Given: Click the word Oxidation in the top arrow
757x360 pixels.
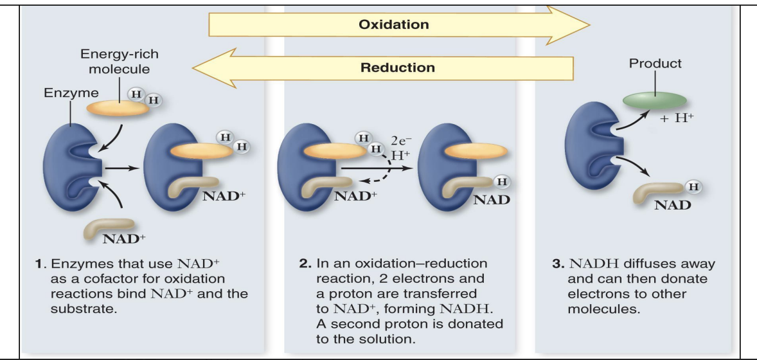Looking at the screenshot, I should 394,25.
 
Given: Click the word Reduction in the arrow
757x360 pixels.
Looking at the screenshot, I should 397,67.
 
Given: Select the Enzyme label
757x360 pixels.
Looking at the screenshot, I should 62,93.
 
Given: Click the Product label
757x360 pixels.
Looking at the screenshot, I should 655,63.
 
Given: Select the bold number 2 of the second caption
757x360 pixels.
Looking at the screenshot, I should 304,264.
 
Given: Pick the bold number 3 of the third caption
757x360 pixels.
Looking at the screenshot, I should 557,264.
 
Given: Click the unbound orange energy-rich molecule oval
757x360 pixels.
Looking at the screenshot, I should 118,107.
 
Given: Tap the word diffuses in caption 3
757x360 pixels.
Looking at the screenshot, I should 645,264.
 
